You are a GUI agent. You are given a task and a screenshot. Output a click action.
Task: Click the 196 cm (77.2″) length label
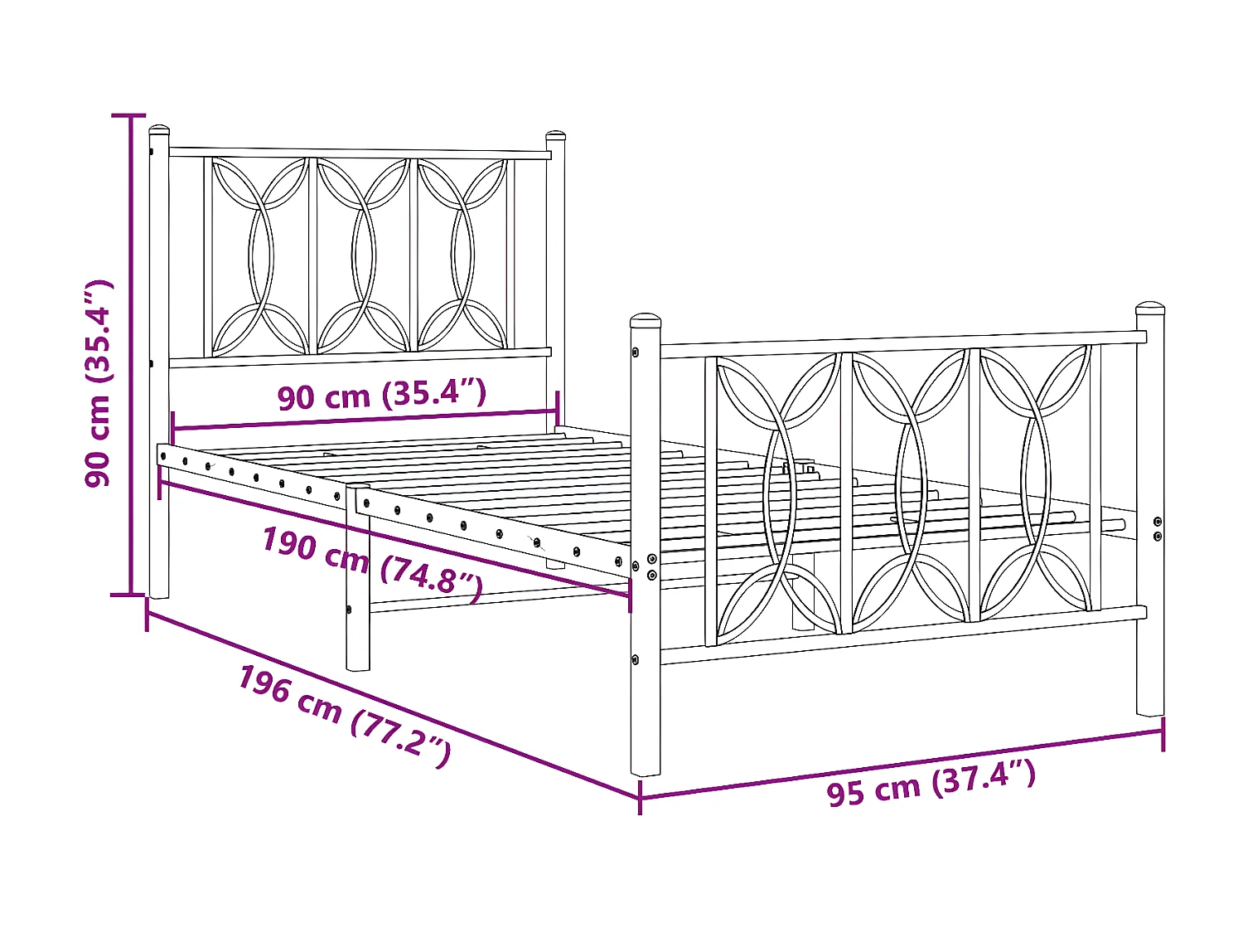click(344, 715)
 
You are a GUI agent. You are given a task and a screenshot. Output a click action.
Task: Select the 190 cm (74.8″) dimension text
click(372, 562)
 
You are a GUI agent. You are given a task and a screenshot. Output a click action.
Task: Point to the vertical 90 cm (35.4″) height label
click(99, 383)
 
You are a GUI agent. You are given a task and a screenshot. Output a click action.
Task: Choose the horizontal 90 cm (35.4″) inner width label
click(382, 395)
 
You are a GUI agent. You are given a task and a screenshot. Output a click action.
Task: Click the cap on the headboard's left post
click(159, 130)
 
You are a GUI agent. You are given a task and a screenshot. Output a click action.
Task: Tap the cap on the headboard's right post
click(555, 134)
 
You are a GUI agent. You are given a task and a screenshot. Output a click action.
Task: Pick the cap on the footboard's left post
click(646, 320)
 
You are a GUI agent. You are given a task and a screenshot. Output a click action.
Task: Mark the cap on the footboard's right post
click(1150, 309)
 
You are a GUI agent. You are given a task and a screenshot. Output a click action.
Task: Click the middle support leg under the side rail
click(358, 639)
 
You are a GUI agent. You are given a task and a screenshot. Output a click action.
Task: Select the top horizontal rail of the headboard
click(360, 153)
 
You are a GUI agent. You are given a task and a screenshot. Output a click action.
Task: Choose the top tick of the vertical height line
click(129, 116)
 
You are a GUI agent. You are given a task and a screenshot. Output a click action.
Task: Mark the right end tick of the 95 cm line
click(1163, 733)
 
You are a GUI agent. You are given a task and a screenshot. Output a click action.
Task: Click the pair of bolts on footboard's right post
click(1158, 528)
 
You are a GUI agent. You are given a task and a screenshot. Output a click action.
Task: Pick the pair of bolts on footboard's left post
click(652, 566)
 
